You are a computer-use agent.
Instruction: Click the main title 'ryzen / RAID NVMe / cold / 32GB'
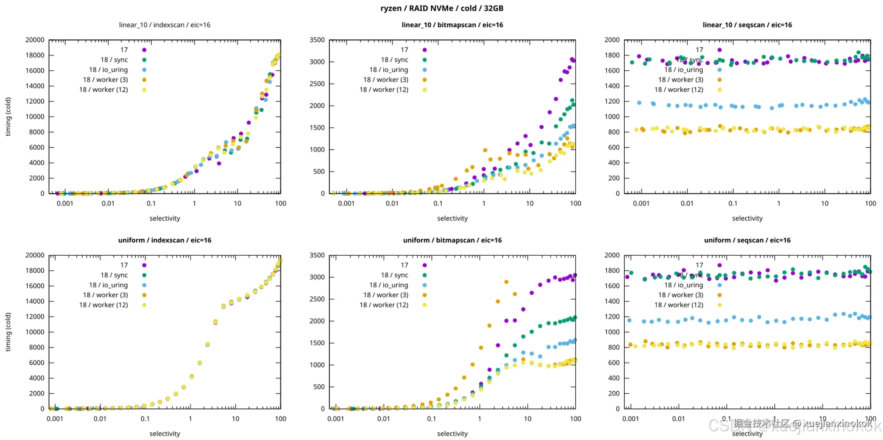441,8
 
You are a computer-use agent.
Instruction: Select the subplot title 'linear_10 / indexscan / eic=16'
165,25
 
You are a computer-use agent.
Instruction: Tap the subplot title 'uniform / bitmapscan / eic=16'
452,240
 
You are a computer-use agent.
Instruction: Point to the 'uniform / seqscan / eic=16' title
747,240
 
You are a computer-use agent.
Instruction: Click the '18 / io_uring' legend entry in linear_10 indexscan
108,70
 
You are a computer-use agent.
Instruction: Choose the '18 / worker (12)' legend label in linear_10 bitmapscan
384,90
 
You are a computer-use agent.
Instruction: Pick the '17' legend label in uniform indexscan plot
124,265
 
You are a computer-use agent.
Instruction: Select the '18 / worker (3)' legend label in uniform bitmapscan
386,295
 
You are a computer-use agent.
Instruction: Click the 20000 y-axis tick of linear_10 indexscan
35,40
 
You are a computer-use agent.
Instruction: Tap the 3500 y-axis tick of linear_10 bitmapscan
317,40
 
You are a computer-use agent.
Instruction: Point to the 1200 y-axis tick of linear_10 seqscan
612,101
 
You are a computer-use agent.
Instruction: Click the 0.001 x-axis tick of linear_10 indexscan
65,204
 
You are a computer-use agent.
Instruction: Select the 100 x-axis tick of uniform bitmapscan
575,419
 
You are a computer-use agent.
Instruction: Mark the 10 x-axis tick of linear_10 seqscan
824,204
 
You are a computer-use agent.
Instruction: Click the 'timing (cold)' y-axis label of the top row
8,117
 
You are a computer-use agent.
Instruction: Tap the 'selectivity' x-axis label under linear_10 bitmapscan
452,218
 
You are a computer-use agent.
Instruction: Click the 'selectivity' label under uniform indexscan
165,434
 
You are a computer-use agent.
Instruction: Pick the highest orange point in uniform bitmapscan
506,282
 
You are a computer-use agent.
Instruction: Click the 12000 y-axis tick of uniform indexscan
35,316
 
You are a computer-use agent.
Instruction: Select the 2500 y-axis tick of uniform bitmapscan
317,299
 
